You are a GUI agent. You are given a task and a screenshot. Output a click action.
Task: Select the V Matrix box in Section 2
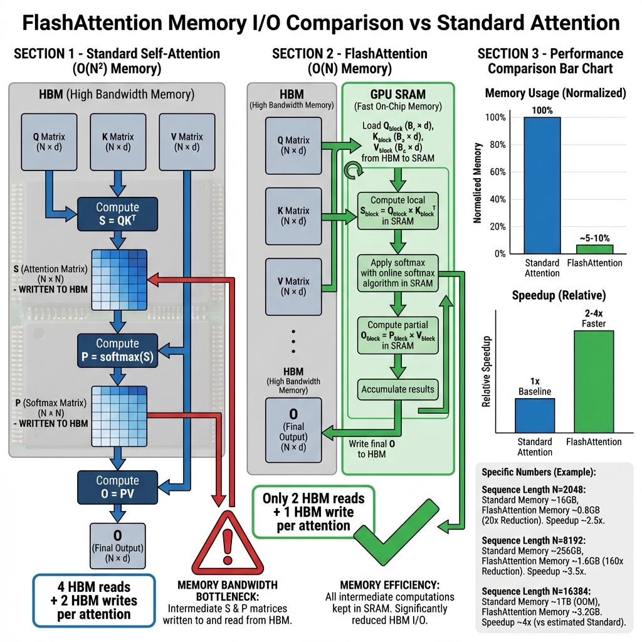tap(293, 287)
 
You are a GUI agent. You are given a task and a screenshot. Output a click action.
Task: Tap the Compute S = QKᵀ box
tap(117, 214)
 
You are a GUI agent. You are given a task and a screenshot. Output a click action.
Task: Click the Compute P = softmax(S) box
tap(117, 350)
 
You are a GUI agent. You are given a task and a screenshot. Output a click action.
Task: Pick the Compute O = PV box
tap(117, 487)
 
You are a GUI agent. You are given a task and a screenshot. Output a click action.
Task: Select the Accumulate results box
tap(397, 389)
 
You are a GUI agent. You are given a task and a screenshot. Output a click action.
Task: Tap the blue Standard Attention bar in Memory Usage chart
tap(542, 185)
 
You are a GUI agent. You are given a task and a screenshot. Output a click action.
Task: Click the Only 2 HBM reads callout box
tap(313, 512)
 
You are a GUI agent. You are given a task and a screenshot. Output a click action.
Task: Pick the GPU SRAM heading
tap(398, 95)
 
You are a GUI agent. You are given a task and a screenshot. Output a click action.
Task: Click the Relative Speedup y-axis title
tap(486, 371)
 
